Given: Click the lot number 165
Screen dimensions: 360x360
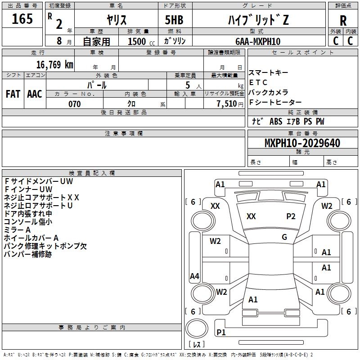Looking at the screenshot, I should coord(22,19).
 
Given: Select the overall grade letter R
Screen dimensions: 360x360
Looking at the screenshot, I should coord(343,21).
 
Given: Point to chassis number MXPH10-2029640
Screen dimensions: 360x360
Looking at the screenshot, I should coord(302,144).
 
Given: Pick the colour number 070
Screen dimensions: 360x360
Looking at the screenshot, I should coord(74,104).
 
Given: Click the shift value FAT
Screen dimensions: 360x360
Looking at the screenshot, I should coord(13,94).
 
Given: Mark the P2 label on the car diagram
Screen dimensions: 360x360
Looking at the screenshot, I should coord(291,216).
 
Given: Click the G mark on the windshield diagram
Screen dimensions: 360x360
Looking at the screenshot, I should coord(284,237).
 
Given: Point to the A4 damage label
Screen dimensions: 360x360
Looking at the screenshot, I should coord(194,276).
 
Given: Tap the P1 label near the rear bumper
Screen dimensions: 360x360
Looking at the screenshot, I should coord(221,333).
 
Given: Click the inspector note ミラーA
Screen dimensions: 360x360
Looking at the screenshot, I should coord(17,230).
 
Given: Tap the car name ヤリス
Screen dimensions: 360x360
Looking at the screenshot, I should coord(117,20).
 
